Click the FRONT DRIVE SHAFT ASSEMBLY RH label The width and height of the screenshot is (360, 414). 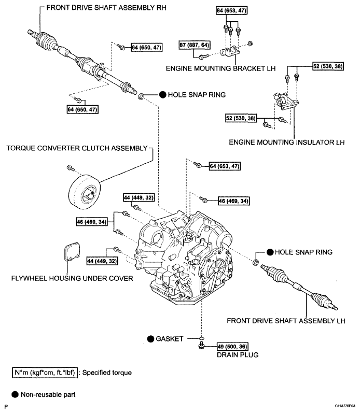[x=95, y=9]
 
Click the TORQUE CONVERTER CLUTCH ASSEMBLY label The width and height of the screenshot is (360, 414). [x=77, y=148]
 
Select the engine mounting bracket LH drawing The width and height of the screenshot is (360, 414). [x=230, y=53]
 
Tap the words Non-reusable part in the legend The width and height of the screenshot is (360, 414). [x=48, y=394]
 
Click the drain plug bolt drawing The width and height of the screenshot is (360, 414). [x=200, y=347]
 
